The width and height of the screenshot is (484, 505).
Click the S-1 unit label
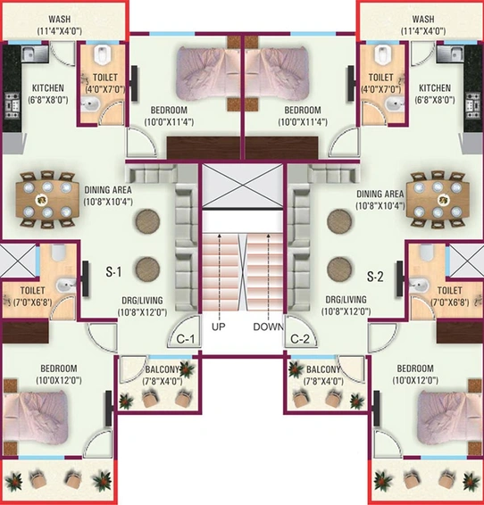click(113, 272)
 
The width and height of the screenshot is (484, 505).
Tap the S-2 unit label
click(375, 277)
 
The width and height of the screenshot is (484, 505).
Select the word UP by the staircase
click(219, 327)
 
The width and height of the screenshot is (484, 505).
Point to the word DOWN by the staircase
click(268, 327)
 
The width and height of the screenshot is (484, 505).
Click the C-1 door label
click(186, 339)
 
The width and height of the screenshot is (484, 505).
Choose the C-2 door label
click(300, 339)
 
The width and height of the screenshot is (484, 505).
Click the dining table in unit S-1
click(47, 200)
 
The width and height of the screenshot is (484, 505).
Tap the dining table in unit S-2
click(438, 200)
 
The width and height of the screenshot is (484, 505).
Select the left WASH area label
click(60, 19)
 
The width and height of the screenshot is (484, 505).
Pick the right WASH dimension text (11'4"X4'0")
click(423, 31)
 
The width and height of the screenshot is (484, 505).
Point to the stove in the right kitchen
click(472, 107)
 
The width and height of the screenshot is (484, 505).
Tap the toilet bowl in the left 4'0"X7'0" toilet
click(102, 54)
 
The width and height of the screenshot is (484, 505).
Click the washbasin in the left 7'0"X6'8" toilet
click(66, 285)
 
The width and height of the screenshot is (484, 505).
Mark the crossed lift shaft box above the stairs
click(243, 186)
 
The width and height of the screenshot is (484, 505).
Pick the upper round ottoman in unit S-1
click(147, 221)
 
